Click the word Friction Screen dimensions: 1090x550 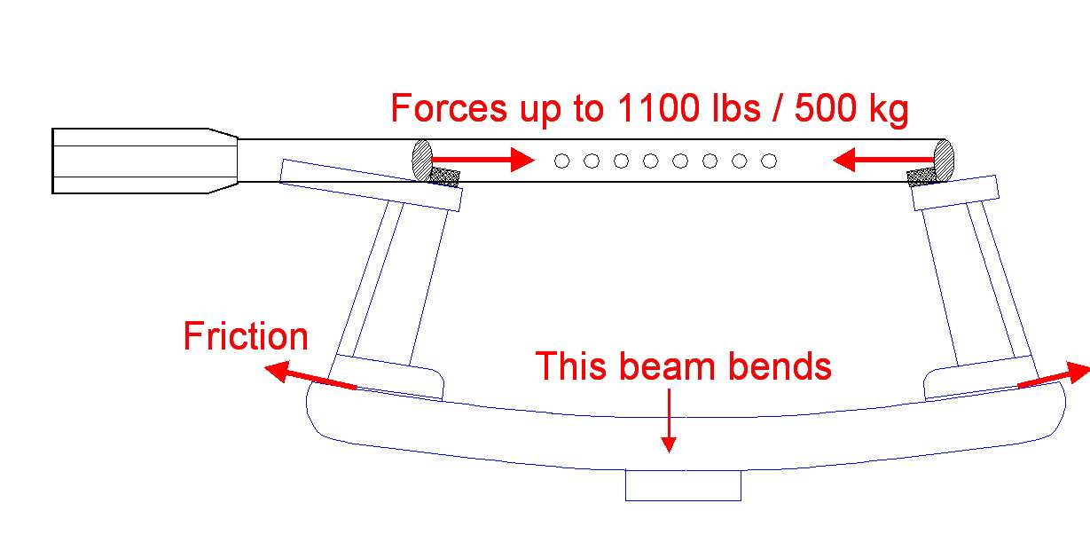click(x=246, y=337)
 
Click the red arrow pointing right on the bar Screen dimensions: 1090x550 click(x=483, y=161)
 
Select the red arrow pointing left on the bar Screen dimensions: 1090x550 click(x=882, y=161)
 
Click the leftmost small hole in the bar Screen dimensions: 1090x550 click(x=561, y=161)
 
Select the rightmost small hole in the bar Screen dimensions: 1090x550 click(x=769, y=161)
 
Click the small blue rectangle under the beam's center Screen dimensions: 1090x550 click(x=683, y=485)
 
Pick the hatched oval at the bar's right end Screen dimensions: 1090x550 click(x=943, y=158)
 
